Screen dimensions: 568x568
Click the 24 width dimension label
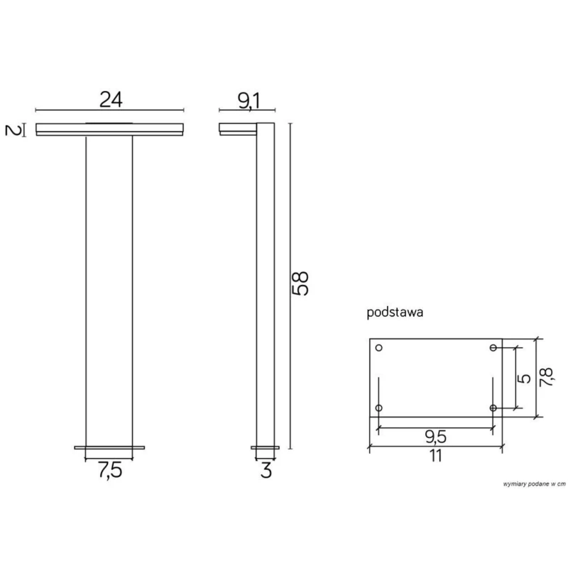[111, 99]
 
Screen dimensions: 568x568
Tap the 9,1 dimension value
[249, 101]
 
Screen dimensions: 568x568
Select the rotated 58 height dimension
[300, 283]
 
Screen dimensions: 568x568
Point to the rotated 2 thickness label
[13, 130]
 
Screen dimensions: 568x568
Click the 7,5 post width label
[110, 471]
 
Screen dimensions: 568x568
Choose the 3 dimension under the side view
[266, 471]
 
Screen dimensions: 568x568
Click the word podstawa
[395, 312]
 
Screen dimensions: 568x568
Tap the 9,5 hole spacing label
[435, 437]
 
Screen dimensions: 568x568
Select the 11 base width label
[436, 456]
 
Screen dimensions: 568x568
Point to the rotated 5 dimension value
[525, 378]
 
